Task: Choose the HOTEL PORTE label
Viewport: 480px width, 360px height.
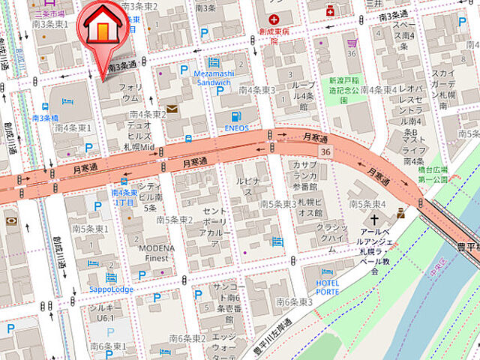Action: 327,286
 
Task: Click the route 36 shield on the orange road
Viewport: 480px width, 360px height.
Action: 325,151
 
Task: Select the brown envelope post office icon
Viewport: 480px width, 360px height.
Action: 172,109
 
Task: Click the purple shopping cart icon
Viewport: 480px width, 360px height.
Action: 352,43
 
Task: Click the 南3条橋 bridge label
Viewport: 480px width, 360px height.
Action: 45,118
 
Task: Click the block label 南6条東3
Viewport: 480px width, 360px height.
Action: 293,301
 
